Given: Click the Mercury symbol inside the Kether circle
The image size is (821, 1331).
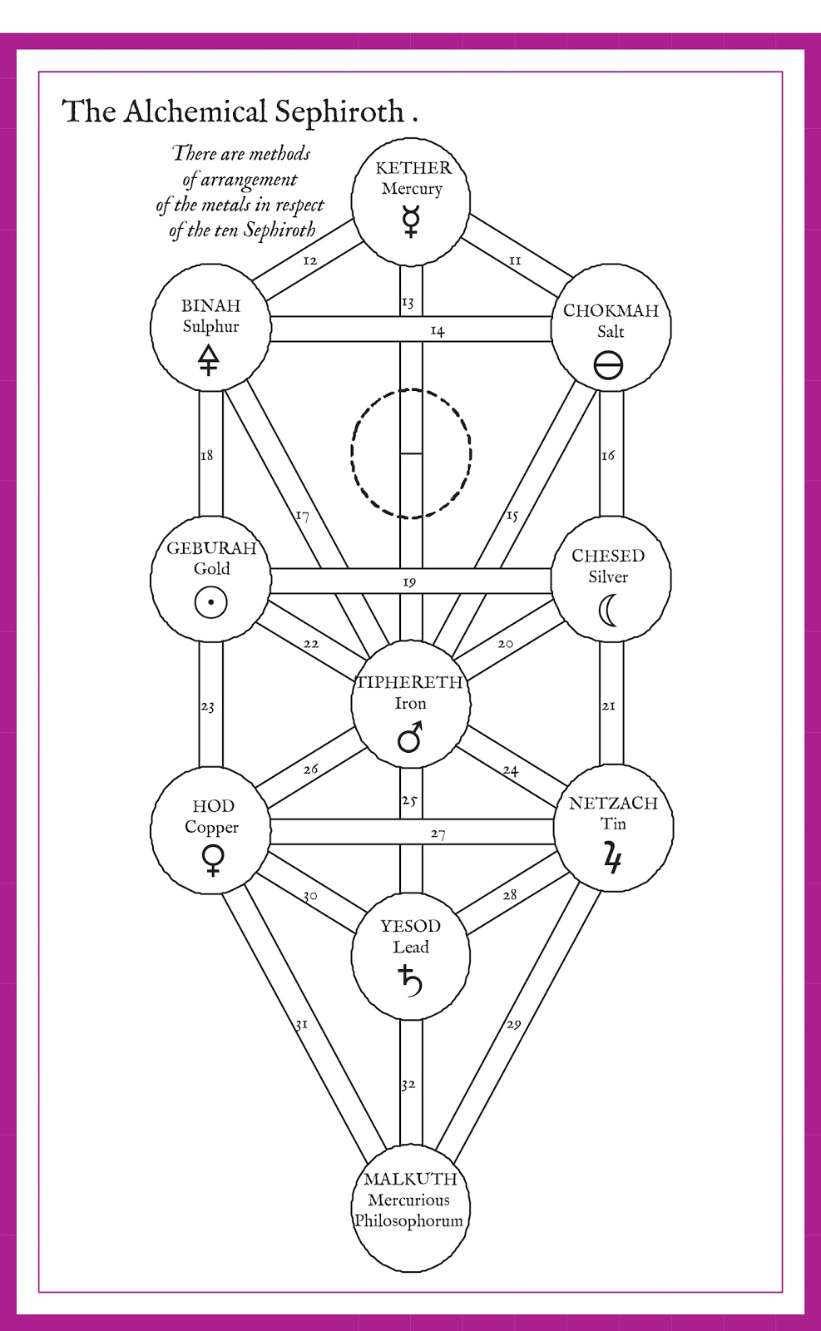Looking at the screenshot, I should [411, 220].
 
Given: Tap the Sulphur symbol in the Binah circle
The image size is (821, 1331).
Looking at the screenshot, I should [208, 359].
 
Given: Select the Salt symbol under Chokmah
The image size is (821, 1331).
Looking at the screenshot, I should [609, 364].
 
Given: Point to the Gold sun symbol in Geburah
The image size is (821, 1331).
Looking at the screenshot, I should [211, 601].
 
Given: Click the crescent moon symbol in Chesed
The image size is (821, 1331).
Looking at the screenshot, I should [609, 611].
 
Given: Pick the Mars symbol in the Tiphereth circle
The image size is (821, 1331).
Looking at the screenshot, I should [410, 736].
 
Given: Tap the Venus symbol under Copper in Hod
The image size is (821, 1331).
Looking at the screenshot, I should [213, 859].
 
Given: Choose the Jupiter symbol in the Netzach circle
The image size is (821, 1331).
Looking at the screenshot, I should [613, 857].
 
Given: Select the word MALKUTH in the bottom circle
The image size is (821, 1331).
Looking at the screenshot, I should [410, 1179].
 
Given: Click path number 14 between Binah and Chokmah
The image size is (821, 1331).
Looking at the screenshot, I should [438, 331].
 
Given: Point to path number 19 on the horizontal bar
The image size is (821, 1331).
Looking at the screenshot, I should [409, 582].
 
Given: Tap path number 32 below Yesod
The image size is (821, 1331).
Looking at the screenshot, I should [408, 1085].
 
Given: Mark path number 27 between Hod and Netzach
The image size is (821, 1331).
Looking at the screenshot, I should [438, 834].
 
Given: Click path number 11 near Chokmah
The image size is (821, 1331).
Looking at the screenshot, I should [515, 260].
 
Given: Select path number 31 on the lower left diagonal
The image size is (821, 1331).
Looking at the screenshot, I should [301, 1024].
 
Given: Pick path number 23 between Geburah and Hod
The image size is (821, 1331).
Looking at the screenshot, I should [207, 707].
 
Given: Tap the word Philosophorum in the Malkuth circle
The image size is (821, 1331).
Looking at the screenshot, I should [408, 1221].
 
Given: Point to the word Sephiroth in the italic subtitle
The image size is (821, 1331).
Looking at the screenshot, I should [279, 230].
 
